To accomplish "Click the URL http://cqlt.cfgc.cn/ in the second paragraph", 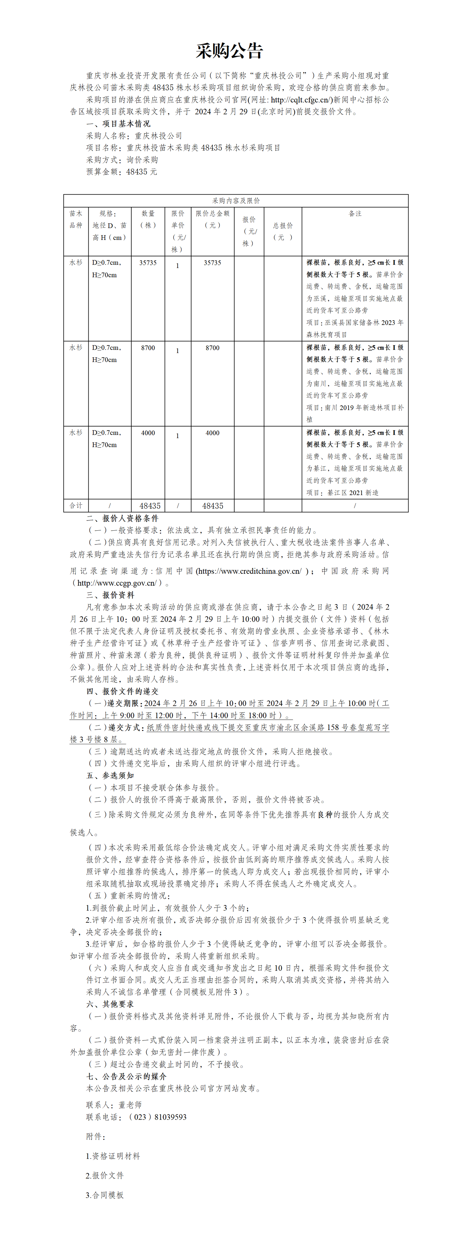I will (x=301, y=100).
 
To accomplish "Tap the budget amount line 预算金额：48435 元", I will (x=121, y=172).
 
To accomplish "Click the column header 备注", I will (x=355, y=214).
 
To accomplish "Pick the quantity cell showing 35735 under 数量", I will (x=148, y=263).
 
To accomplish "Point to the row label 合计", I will (x=76, y=505).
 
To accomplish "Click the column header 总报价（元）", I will (x=283, y=231).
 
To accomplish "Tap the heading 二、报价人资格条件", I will (x=122, y=518).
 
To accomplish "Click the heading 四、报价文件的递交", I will (x=122, y=691).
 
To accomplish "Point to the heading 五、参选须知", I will (x=110, y=775).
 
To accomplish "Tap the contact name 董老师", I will (x=130, y=1105).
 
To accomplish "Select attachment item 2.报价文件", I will (x=104, y=1176).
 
